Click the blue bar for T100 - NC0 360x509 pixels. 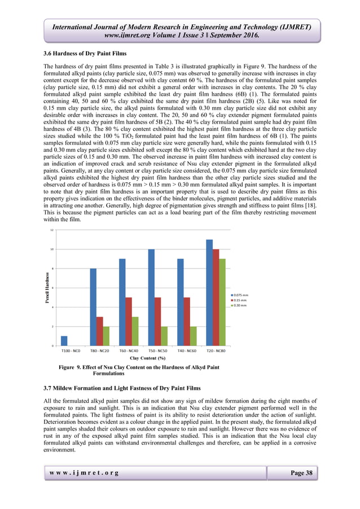(64, 341)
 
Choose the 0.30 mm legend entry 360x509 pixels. (240, 305)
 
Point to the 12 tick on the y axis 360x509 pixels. (52, 230)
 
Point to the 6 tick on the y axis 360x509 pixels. (53, 288)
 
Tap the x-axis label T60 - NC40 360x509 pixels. (129, 350)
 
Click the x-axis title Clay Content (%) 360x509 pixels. (147, 358)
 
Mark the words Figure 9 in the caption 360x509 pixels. (72, 368)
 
